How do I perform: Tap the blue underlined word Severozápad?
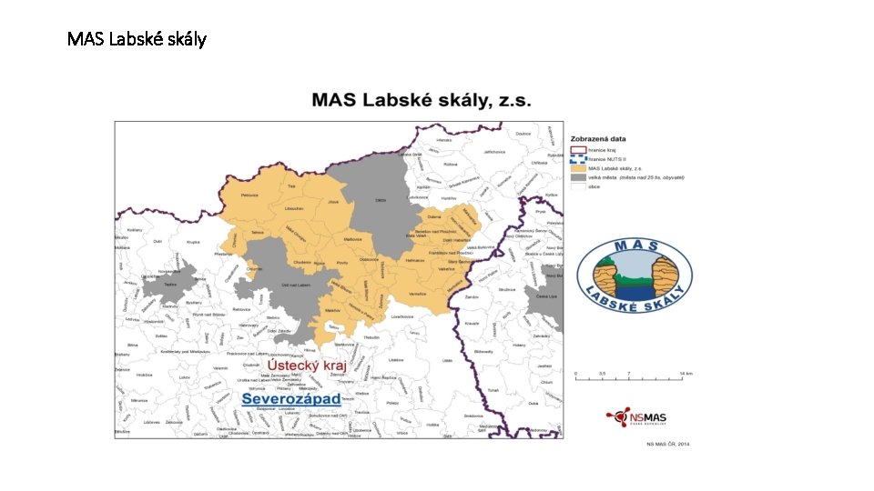pos(290,399)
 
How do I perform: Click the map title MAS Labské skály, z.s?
pos(422,101)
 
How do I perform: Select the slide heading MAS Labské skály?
pos(137,39)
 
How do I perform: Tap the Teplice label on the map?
pos(170,285)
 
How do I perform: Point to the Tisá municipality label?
pos(291,185)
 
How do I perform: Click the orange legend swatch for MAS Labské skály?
pos(576,168)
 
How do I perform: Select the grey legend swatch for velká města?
pos(576,177)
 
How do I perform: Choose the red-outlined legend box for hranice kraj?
pos(576,149)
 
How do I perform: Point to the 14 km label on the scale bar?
pos(686,374)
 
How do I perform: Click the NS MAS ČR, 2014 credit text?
pos(668,444)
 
